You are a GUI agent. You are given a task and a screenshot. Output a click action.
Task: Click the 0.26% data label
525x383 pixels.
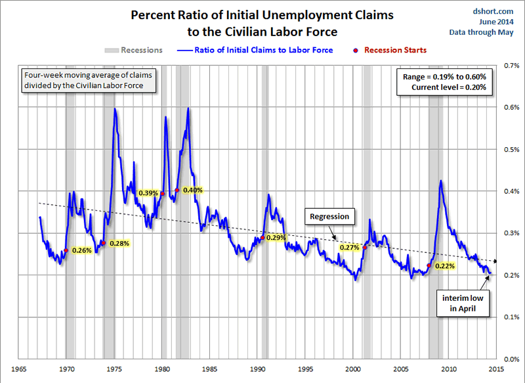81,250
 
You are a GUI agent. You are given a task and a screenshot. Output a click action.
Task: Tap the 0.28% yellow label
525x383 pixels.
119,243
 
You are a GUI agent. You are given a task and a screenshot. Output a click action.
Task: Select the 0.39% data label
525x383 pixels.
148,193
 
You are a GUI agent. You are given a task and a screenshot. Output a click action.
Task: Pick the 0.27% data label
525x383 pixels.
350,248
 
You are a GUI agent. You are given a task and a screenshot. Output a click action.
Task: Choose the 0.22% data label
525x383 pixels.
445,265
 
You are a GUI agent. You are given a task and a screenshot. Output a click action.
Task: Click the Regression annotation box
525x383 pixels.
329,216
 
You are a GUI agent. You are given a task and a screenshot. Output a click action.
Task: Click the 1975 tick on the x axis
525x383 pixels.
114,369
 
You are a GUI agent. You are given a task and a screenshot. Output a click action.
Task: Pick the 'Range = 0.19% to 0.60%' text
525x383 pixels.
445,77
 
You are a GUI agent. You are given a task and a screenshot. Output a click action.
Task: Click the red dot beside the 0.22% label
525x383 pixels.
429,265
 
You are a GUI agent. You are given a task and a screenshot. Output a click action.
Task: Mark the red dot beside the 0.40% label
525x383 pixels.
177,191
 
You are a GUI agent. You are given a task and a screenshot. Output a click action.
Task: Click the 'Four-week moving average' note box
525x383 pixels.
88,79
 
